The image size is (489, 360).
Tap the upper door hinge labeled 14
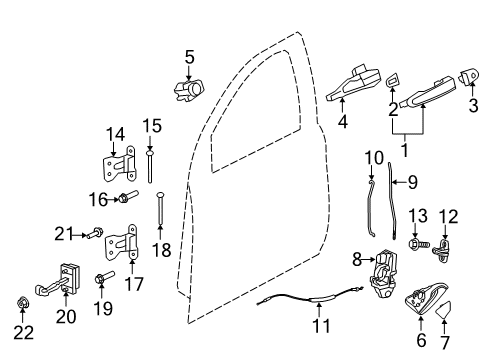[120, 170]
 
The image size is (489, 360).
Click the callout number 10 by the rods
[374, 157]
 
